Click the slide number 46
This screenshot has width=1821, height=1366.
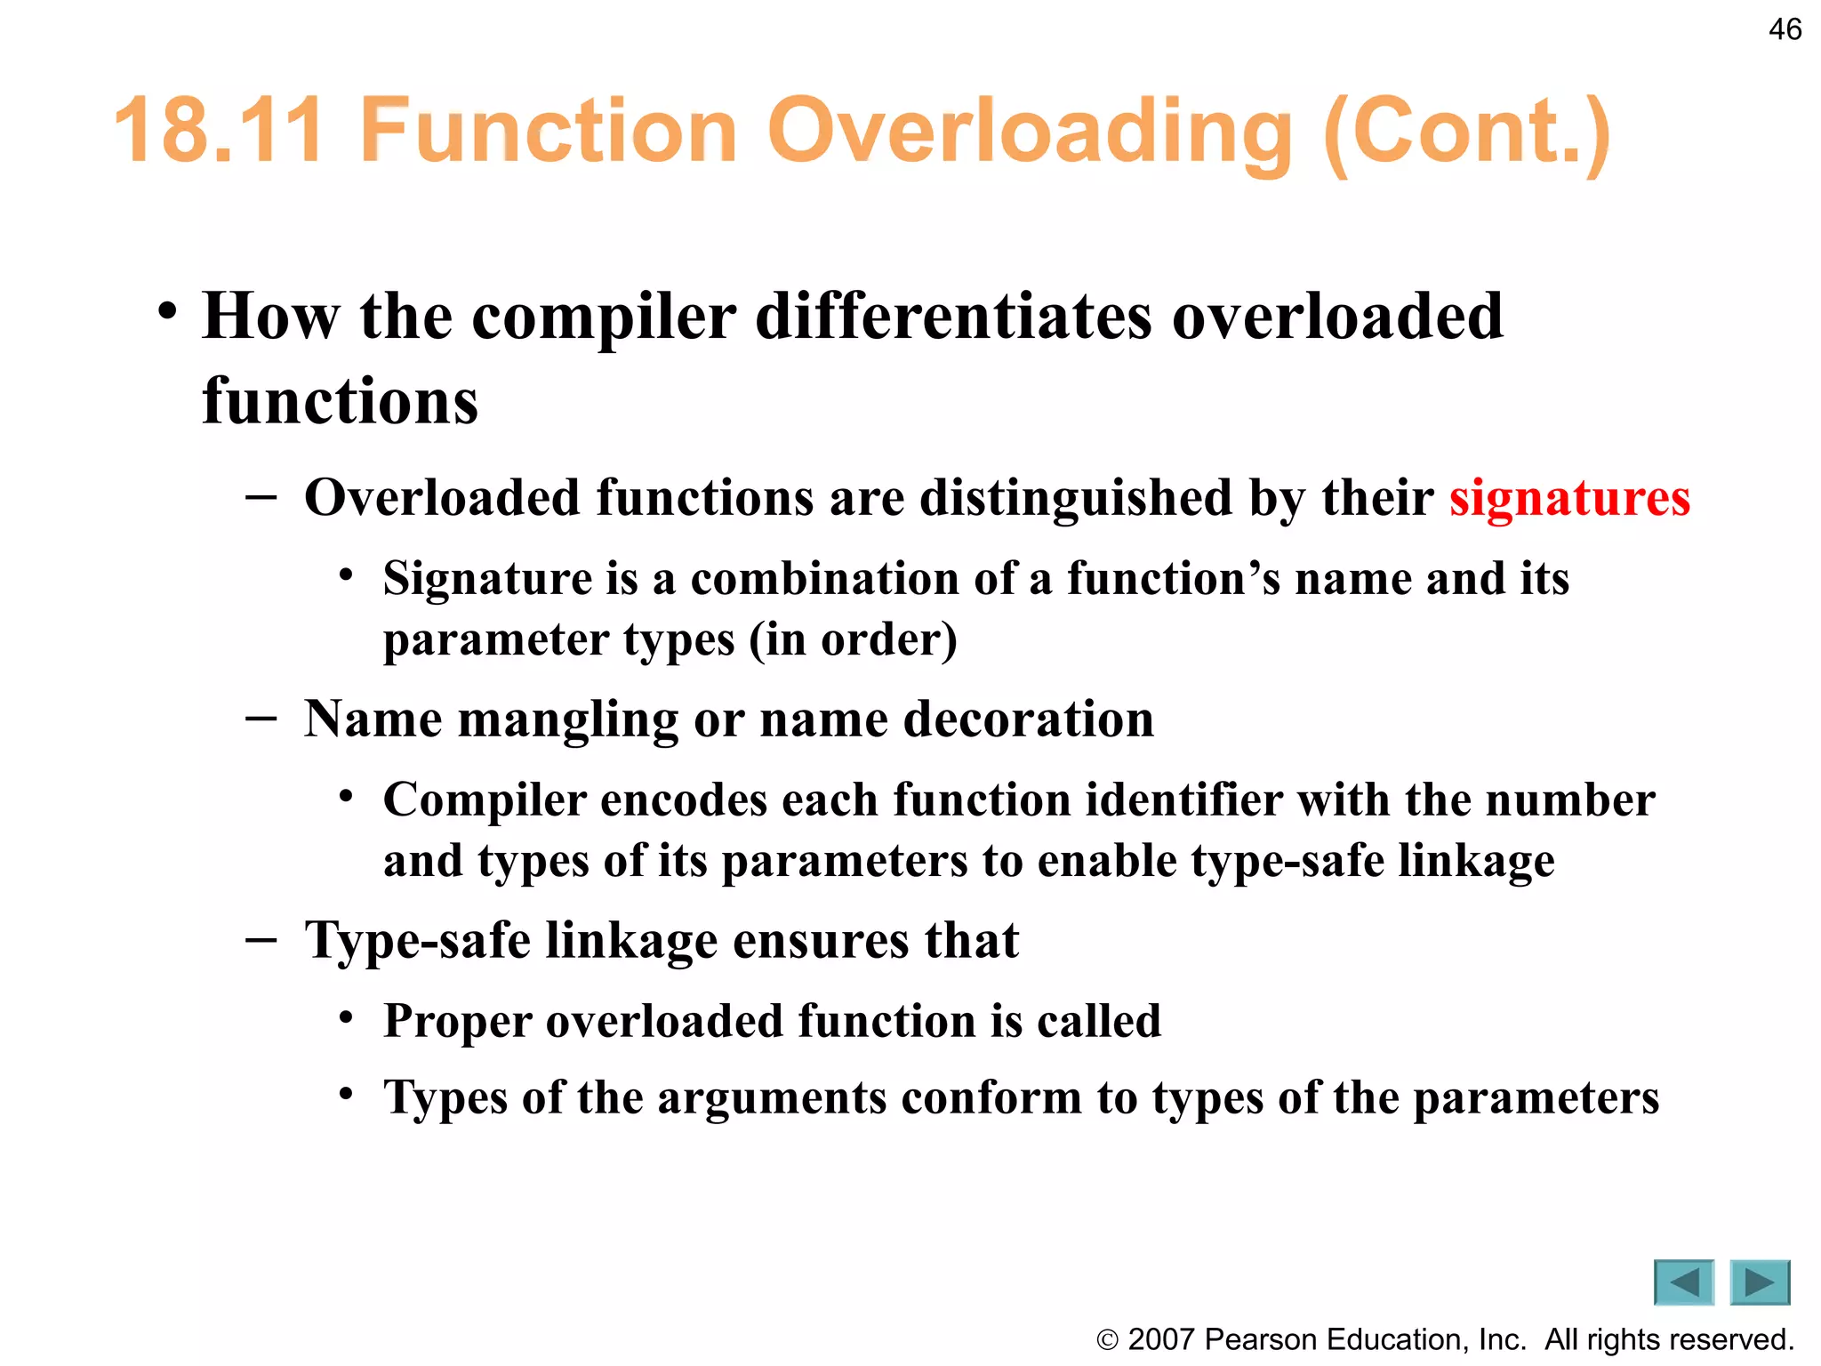[1785, 29]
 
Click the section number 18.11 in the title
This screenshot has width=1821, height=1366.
[220, 132]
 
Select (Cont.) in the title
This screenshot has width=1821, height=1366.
[1466, 133]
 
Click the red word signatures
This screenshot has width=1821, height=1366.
[1569, 497]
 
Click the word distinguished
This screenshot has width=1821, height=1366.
[1076, 498]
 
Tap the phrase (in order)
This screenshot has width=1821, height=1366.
[853, 639]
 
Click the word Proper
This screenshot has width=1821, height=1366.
[457, 1021]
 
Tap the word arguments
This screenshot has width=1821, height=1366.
[772, 1097]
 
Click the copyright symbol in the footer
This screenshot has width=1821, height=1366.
[1107, 1340]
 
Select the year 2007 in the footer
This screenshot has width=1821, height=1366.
[1161, 1339]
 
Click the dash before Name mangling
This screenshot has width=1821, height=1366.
[261, 717]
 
